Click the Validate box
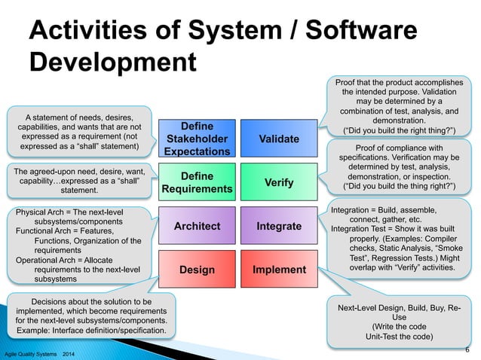coord(278,139)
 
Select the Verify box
coord(278,182)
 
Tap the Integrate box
coord(278,226)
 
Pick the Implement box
coord(278,270)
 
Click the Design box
coord(198,270)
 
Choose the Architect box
coord(198,226)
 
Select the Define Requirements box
coord(198,182)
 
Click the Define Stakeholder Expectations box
coord(198,139)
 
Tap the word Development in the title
coord(112,63)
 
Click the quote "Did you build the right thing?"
coord(400,129)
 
